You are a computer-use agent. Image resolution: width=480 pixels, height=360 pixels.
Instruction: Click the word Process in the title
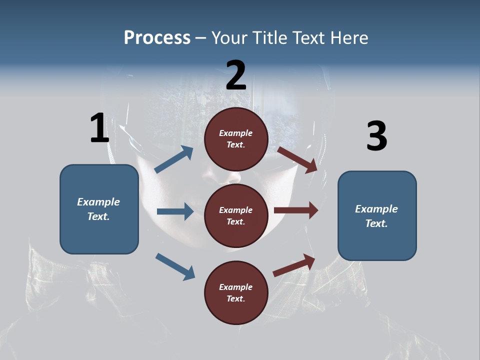[x=157, y=38]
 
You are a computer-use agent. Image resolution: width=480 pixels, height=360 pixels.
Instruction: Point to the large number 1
[x=99, y=128]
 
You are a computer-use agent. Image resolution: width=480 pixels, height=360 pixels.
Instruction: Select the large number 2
[x=236, y=75]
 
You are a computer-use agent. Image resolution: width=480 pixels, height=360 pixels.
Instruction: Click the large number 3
[x=376, y=136]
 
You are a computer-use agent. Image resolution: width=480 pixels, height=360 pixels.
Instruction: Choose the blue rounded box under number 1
[x=99, y=209]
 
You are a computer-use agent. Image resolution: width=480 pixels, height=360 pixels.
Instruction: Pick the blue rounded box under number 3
[x=377, y=216]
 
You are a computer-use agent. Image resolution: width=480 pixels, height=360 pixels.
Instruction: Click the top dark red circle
[x=236, y=139]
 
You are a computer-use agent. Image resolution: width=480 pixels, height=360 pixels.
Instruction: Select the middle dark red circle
[x=236, y=215]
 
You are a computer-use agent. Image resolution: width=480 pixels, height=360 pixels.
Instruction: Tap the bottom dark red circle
[x=236, y=292]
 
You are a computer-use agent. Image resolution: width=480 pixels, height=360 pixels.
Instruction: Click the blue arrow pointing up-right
[x=174, y=160]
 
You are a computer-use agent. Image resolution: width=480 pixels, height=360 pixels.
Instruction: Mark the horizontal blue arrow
[x=175, y=211]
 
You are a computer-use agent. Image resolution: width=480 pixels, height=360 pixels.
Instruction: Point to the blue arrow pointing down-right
[x=175, y=266]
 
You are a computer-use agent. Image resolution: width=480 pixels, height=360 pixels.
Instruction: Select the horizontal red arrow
[x=296, y=210]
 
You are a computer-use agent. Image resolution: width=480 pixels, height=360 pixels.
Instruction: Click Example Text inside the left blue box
[x=98, y=209]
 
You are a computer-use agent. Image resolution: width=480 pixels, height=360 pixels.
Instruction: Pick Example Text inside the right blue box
[x=376, y=216]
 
